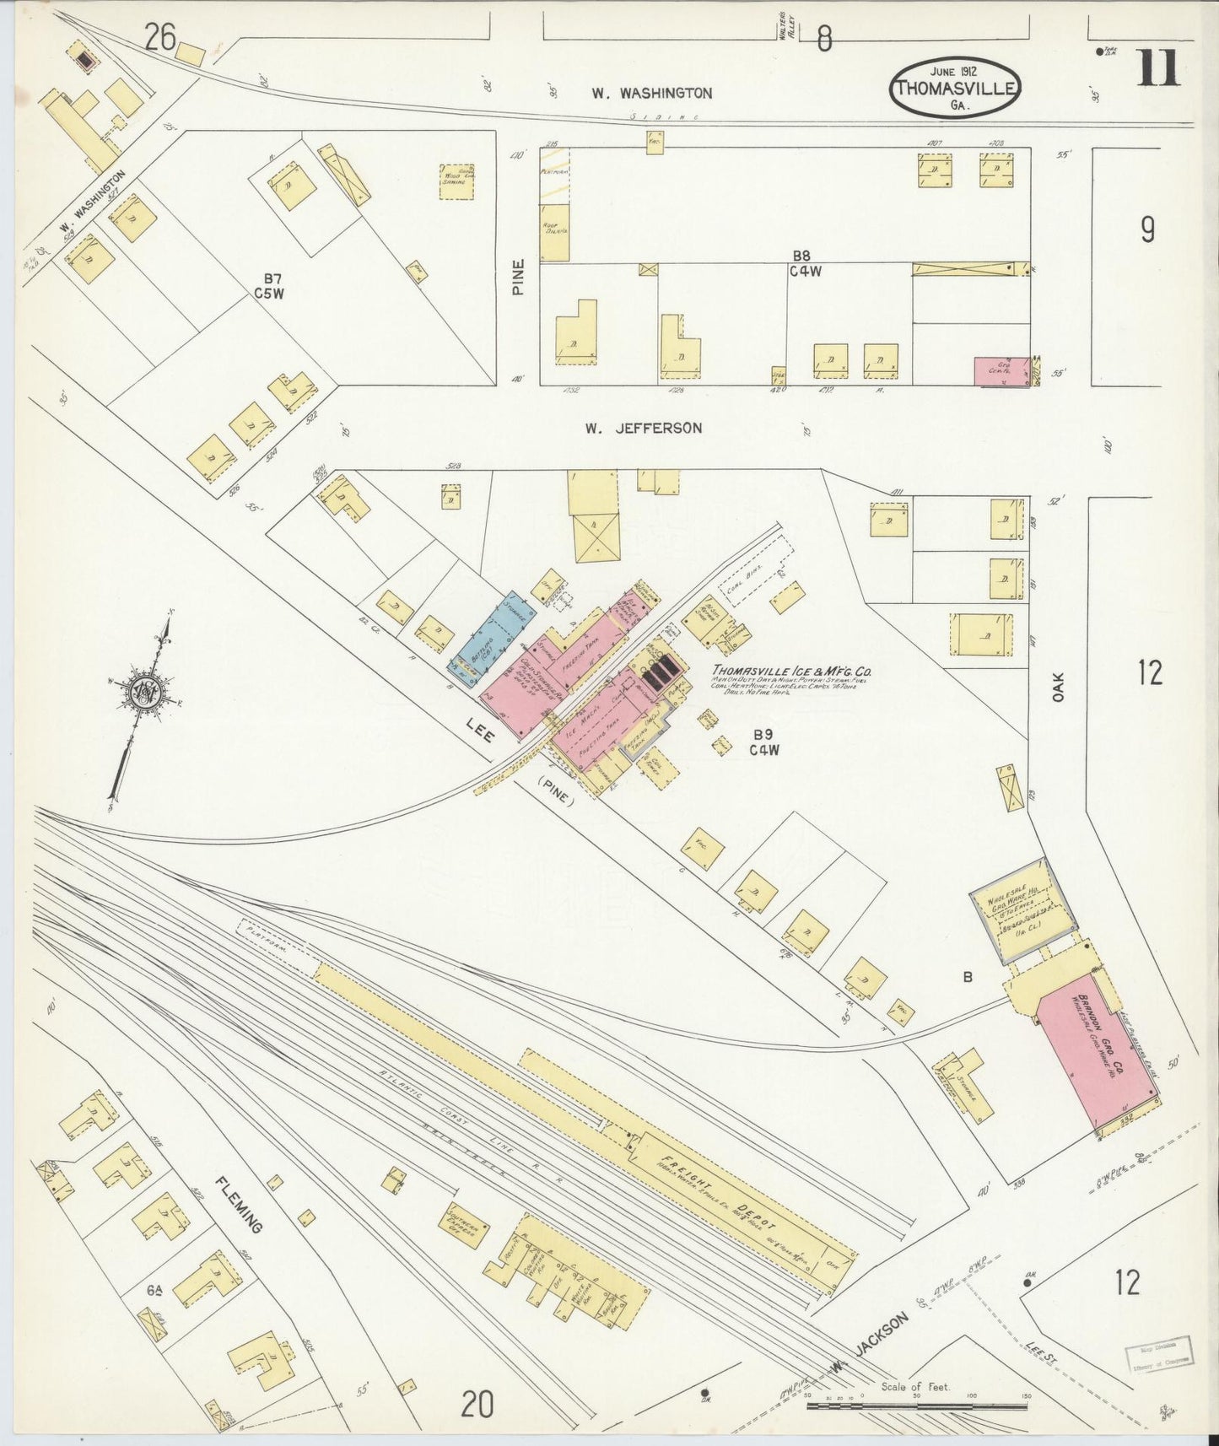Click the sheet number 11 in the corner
click(1158, 68)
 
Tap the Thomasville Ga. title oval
click(956, 88)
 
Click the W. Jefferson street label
click(644, 429)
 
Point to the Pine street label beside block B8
click(518, 276)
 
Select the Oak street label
click(1059, 686)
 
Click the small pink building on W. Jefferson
click(1001, 371)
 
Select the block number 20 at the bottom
click(477, 1405)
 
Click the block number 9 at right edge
click(1147, 229)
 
